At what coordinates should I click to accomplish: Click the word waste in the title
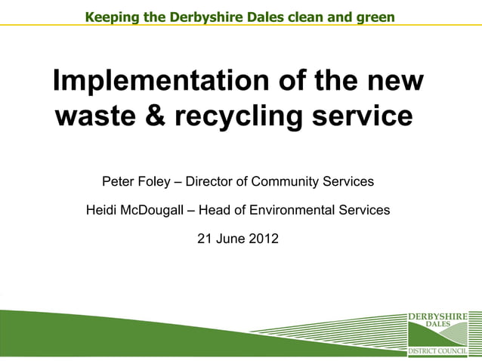[96, 117]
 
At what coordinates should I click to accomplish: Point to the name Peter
[119, 182]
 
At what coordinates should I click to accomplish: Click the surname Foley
[156, 182]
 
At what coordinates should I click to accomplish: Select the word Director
[211, 182]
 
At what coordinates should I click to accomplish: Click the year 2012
[264, 239]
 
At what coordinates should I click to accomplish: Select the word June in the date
[231, 239]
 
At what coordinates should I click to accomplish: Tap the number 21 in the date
[205, 239]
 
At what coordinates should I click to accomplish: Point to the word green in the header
[375, 16]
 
